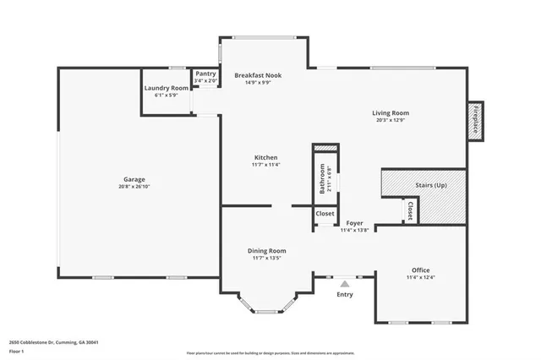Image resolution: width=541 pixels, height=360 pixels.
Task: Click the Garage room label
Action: [134, 179]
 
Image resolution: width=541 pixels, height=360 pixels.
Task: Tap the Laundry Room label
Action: [166, 88]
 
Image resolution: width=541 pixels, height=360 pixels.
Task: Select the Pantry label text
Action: [205, 74]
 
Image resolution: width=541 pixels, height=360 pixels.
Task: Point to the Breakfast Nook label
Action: [258, 75]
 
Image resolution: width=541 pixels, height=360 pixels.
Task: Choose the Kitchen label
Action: [265, 157]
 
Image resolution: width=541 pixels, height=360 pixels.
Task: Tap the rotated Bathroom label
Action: [322, 178]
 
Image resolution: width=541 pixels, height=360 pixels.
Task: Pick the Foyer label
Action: [354, 223]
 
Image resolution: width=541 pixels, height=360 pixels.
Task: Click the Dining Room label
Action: [266, 250]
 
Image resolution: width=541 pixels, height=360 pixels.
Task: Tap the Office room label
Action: [420, 270]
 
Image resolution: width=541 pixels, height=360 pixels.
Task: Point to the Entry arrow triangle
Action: [345, 283]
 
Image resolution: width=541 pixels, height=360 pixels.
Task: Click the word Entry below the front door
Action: [345, 294]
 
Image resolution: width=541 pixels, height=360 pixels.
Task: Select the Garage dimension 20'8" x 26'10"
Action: [134, 186]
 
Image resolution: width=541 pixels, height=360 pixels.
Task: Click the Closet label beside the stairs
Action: [409, 211]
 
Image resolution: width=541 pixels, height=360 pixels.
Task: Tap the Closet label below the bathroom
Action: [325, 214]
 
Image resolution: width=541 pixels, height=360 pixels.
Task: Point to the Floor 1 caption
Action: [17, 351]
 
